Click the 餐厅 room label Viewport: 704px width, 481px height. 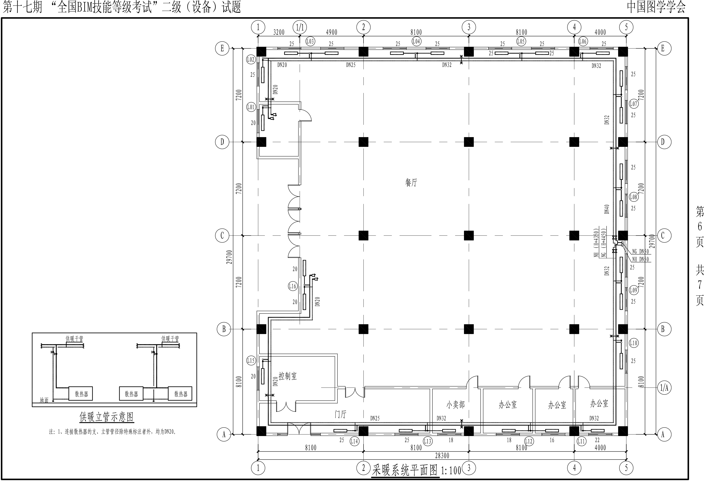tap(411, 183)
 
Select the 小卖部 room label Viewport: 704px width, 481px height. tap(455, 405)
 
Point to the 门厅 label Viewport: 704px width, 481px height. tap(340, 414)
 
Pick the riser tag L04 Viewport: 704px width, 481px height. tap(416, 41)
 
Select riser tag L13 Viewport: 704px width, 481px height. tap(427, 441)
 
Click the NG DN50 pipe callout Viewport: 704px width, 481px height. tap(640, 252)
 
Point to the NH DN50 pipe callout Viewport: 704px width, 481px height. tap(640, 259)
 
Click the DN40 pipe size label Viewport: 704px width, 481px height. tap(607, 209)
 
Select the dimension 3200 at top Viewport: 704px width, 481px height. tap(279, 32)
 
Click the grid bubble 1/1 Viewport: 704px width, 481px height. tap(300, 27)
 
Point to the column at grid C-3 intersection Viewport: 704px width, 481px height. tap(469, 235)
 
